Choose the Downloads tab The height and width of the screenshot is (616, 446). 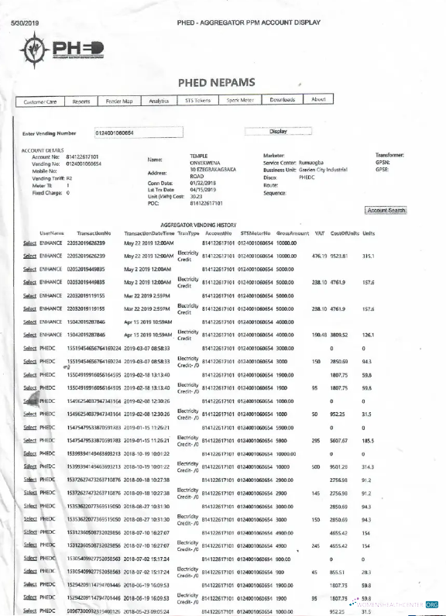(x=283, y=100)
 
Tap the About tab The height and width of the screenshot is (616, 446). (x=318, y=100)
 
